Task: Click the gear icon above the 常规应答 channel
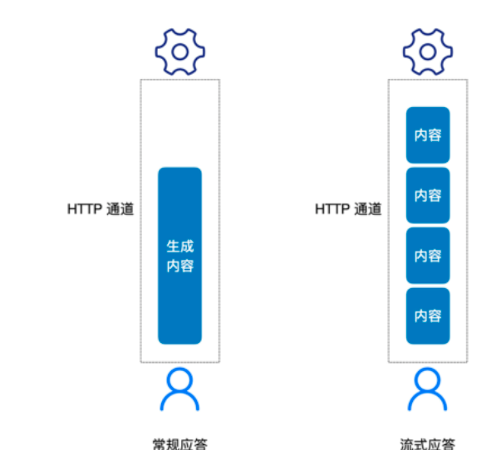[x=179, y=51]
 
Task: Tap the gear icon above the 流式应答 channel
[x=428, y=51]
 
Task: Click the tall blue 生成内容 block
[x=179, y=256]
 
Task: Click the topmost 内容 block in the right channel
[x=428, y=135]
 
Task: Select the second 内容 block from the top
[x=428, y=195]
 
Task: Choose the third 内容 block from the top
[x=428, y=256]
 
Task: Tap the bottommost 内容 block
[x=428, y=316]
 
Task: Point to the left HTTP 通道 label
[x=100, y=208]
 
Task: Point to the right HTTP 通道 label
[x=348, y=208]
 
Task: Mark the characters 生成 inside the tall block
[x=179, y=247]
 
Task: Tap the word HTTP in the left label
[x=85, y=208]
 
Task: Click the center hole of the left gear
[x=179, y=51]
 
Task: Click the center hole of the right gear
[x=428, y=51]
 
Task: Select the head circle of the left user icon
[x=179, y=379]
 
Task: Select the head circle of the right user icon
[x=428, y=379]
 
